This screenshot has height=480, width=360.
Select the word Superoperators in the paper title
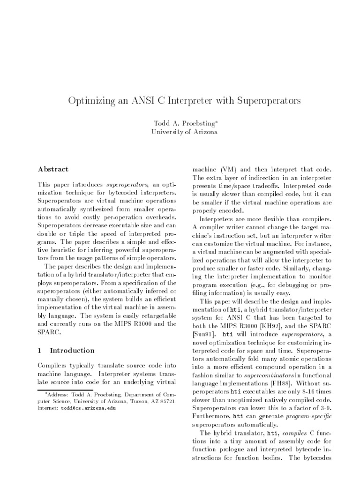click(x=267, y=100)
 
